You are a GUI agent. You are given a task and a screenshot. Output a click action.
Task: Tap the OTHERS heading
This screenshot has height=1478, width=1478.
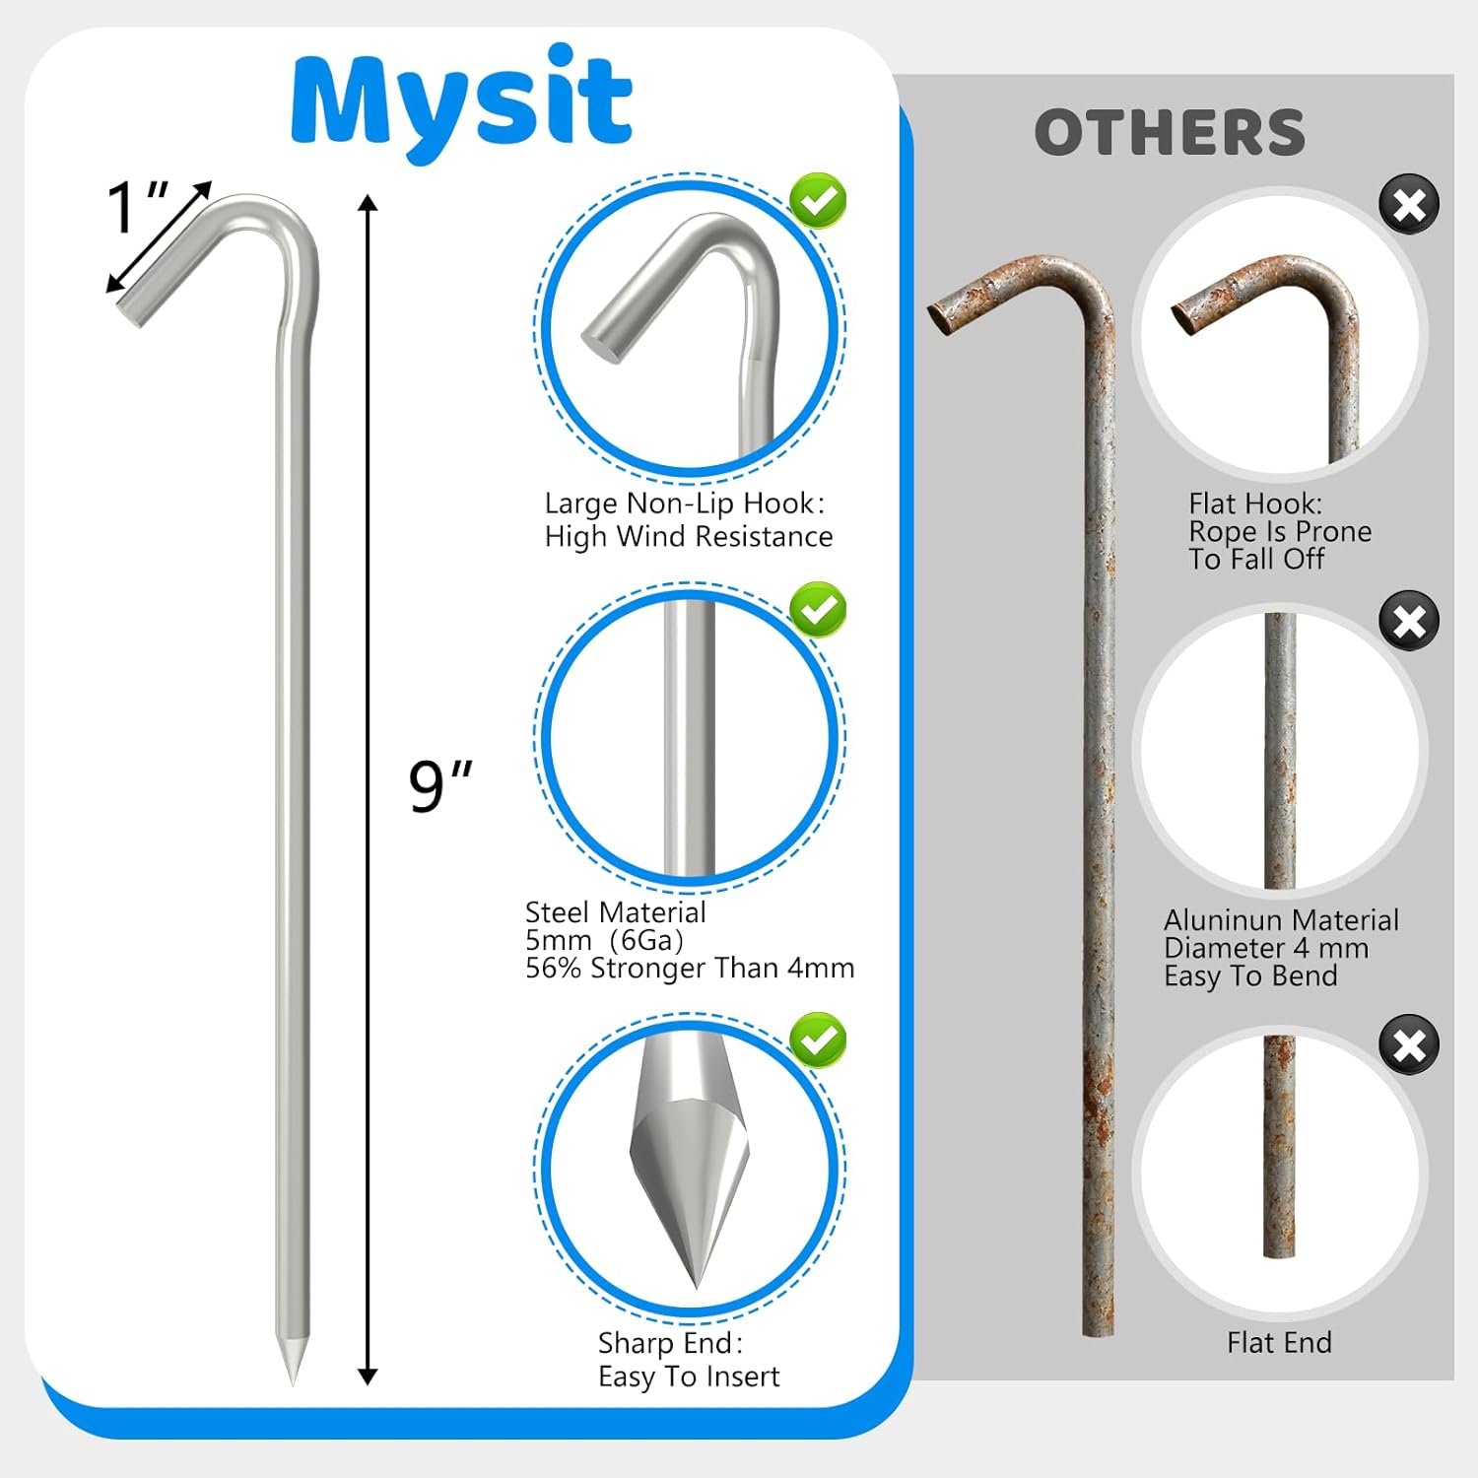pyautogui.click(x=1170, y=133)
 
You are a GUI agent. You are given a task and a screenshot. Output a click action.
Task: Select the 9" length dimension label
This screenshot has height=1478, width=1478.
pyautogui.click(x=439, y=785)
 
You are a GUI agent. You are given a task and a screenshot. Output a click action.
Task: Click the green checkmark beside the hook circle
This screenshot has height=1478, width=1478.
pyautogui.click(x=818, y=201)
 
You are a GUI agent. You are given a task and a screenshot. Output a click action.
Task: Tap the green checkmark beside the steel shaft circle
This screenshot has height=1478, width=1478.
pyautogui.click(x=818, y=610)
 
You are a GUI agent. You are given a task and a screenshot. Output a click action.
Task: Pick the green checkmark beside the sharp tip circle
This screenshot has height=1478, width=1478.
pyautogui.click(x=818, y=1040)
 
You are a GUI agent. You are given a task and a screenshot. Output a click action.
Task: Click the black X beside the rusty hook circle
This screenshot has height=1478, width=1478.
pyautogui.click(x=1409, y=205)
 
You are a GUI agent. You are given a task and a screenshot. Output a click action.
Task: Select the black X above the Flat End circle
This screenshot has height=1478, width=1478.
pyautogui.click(x=1409, y=1044)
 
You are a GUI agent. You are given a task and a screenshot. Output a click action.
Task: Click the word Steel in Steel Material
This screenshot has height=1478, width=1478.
pyautogui.click(x=557, y=912)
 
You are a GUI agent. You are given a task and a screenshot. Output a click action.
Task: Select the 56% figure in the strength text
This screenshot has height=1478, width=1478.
pyautogui.click(x=553, y=969)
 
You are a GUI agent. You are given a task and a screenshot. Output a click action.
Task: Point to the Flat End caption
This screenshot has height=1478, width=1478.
pyautogui.click(x=1279, y=1342)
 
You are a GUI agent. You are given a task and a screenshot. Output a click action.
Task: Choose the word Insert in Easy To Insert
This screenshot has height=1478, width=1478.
pyautogui.click(x=745, y=1377)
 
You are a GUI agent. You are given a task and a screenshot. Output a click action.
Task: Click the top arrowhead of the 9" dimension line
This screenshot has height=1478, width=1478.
pyautogui.click(x=368, y=204)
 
